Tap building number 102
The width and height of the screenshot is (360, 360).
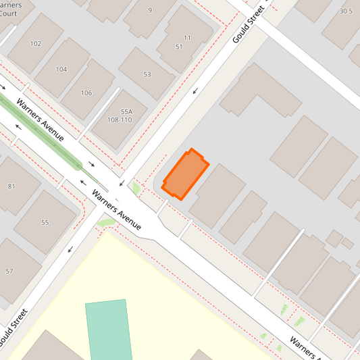point(35,43)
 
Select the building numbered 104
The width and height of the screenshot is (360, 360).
point(61,69)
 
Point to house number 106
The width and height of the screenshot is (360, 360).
point(86,93)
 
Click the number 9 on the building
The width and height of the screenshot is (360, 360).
point(150,10)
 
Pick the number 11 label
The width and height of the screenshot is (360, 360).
point(188,37)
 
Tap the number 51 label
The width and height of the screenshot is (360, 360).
point(179,47)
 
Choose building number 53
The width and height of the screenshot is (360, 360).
point(147,74)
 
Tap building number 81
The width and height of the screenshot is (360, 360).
point(11,186)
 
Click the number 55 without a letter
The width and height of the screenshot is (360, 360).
point(45,222)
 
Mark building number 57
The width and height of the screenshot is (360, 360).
point(9,271)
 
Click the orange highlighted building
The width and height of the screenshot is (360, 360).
point(185,174)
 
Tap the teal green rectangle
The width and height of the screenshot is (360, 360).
point(108,330)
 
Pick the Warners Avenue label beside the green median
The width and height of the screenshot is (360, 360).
point(40,121)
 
